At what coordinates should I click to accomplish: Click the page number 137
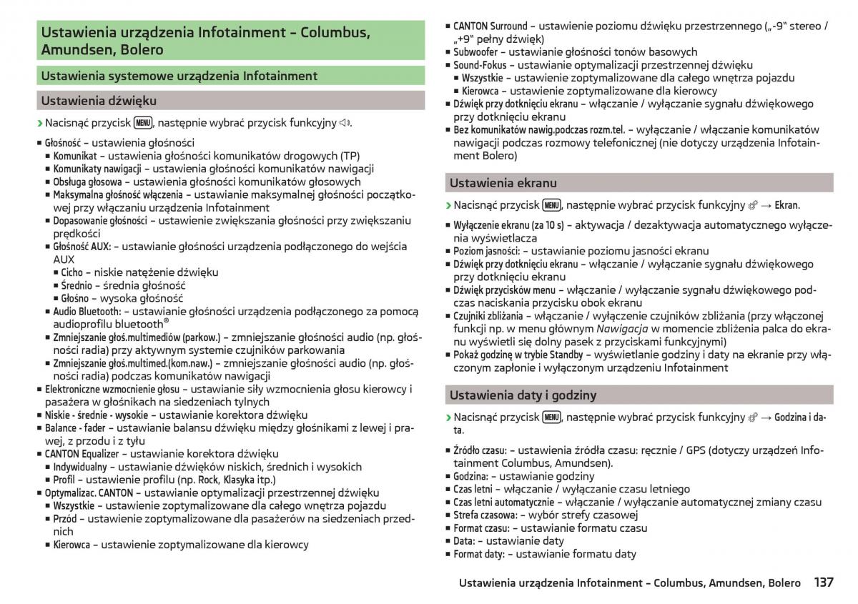(x=823, y=583)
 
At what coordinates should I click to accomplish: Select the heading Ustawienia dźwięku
(x=99, y=101)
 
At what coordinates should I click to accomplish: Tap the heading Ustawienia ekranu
(x=503, y=183)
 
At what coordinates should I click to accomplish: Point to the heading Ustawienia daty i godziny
(x=523, y=395)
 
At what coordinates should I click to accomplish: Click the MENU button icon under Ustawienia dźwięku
(x=143, y=122)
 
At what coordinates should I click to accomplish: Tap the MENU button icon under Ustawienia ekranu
(x=551, y=205)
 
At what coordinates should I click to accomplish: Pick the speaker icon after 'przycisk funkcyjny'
(x=345, y=123)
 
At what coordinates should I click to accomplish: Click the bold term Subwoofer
(x=475, y=52)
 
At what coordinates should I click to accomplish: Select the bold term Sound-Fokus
(x=480, y=65)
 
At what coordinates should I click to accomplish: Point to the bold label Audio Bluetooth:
(x=87, y=312)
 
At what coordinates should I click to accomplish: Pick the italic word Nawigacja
(x=623, y=329)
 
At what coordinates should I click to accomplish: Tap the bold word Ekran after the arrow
(x=786, y=205)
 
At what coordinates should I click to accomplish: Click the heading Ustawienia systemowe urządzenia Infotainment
(x=179, y=76)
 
